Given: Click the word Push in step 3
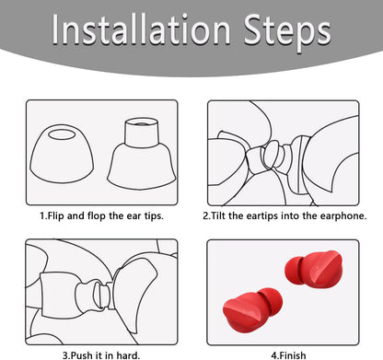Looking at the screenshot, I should click(82, 351).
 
